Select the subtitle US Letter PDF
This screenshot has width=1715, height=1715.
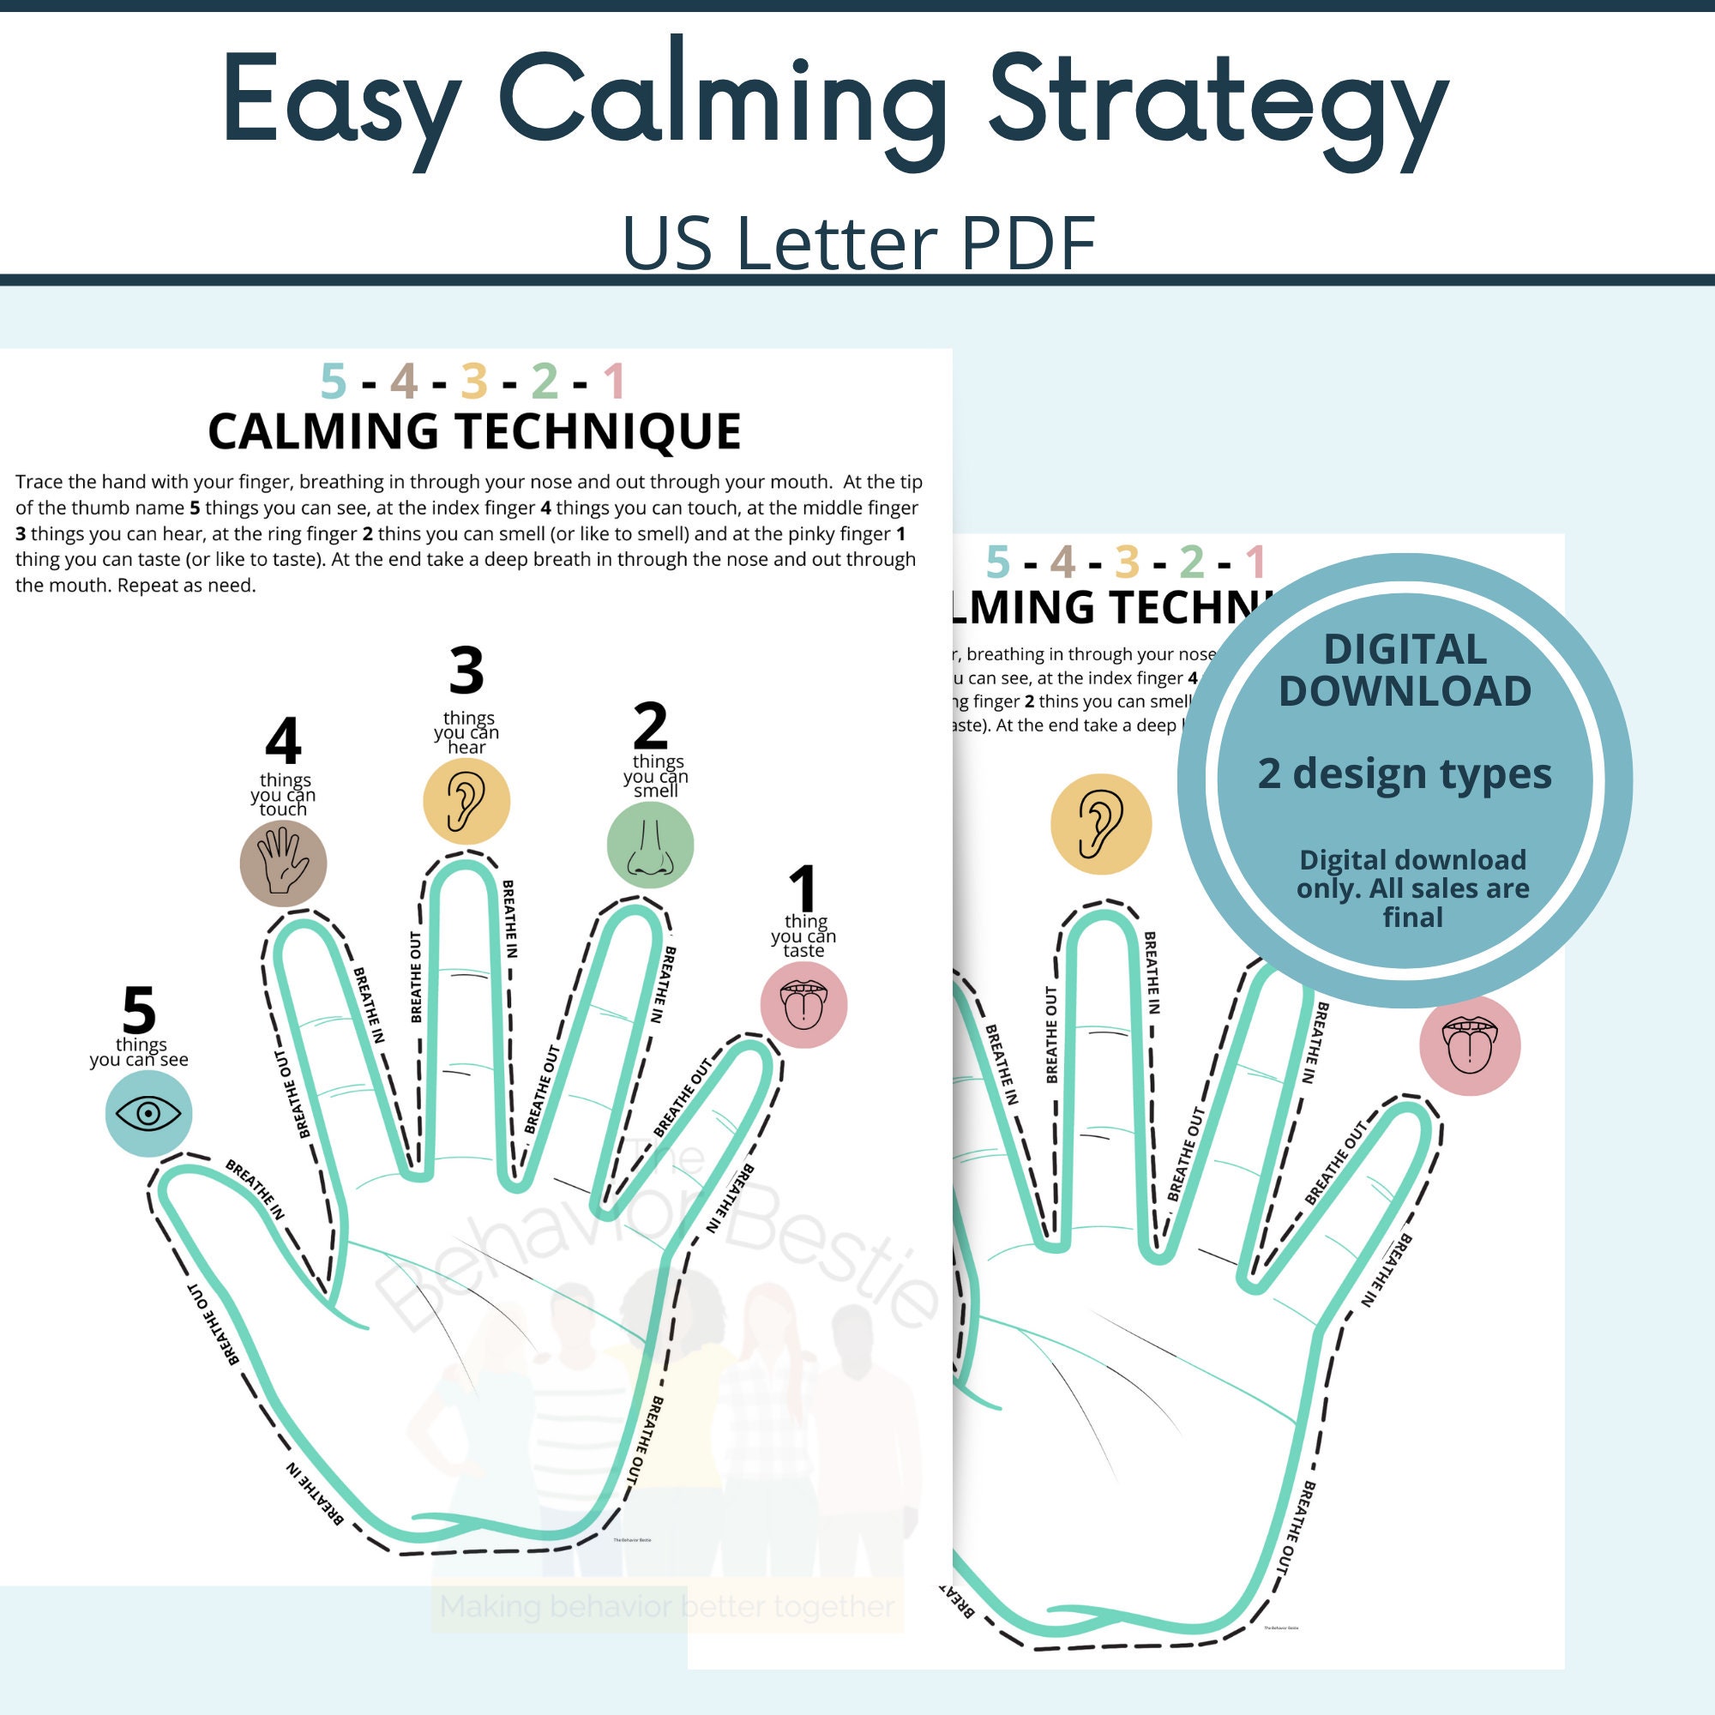[x=857, y=243]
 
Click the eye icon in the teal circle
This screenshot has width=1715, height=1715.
[x=148, y=1113]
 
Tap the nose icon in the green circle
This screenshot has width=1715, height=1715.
[x=650, y=845]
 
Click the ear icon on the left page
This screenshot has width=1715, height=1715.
[x=466, y=802]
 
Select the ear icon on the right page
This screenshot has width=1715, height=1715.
[x=1101, y=824]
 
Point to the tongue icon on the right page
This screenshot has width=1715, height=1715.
[x=1469, y=1044]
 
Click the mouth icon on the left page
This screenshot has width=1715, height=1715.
[x=803, y=1005]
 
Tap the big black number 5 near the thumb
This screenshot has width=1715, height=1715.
[x=140, y=1010]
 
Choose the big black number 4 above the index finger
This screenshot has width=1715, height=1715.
[x=283, y=741]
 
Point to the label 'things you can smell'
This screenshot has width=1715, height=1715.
[x=656, y=776]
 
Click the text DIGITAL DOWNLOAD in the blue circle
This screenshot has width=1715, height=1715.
[x=1405, y=671]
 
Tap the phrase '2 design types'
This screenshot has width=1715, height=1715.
[x=1405, y=774]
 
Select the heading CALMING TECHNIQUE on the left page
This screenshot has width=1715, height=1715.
[x=474, y=431]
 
